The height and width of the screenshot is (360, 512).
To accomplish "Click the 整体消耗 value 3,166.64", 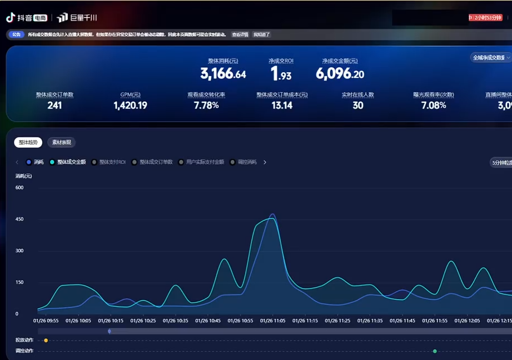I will pos(223,74).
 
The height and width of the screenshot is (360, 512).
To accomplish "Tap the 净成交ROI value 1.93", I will pos(281,74).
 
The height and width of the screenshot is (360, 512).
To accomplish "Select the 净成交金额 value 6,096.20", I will pos(340,74).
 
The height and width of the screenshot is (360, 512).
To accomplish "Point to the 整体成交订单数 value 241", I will pos(54,106).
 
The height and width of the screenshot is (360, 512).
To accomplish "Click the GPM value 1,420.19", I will pos(130,106).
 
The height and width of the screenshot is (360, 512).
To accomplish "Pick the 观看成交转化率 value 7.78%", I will pos(206,106).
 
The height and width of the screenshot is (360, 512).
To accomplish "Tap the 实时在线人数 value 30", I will pos(357,106).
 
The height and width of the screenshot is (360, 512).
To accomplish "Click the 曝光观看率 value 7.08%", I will pos(434,106).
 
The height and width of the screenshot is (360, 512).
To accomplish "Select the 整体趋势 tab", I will pos(28,143).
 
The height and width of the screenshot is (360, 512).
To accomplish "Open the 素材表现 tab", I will pos(61,143).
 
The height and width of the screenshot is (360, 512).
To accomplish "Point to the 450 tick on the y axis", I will pos(19,219).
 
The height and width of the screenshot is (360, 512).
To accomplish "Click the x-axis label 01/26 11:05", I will pos(273,321).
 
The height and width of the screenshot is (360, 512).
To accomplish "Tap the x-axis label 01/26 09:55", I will pos(46,321).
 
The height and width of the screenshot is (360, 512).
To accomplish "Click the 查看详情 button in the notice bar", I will pos(240,34).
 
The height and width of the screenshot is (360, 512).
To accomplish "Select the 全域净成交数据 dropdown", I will pos(490,58).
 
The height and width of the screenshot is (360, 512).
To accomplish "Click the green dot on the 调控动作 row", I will pos(435,351).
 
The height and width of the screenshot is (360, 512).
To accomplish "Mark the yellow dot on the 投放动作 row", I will pos(46,341).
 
